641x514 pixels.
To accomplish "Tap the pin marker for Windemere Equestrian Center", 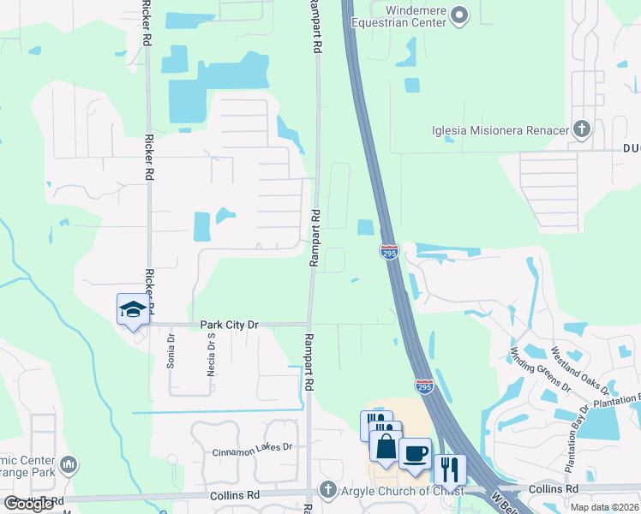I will tap(459, 15).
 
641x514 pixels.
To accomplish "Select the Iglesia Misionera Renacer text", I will tap(500, 130).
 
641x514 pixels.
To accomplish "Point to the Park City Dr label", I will tap(229, 326).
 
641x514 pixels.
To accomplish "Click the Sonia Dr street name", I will tap(171, 351).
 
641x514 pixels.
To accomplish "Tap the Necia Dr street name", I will tap(210, 351).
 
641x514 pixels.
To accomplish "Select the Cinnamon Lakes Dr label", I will tap(253, 447).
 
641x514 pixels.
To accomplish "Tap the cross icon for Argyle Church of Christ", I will tap(326, 489).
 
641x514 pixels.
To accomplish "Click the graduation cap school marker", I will tap(133, 309).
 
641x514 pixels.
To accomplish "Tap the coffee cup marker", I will tap(416, 453).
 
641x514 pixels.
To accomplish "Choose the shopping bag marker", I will tap(385, 447).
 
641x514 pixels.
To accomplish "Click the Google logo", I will tap(29, 504).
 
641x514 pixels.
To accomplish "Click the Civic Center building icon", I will tap(69, 465).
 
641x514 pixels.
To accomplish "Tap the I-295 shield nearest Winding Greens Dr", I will tap(424, 386).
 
